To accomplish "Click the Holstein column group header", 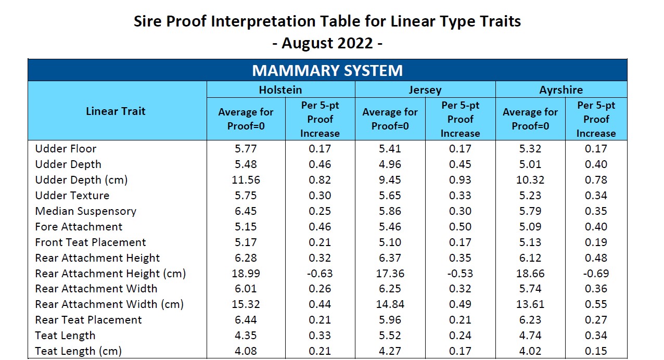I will coord(280,89).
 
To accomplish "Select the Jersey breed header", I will coord(425,89).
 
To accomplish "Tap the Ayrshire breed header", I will coord(561,89).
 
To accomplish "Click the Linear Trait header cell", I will coord(116,111).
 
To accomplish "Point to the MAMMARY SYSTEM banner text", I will coord(327,70).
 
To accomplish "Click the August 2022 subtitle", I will coord(327,43).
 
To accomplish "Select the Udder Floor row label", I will coord(66,149).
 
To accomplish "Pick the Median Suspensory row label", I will coord(85,211).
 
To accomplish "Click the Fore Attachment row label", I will coord(79,227).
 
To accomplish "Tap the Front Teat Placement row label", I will coord(91,242).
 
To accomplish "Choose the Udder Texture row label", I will coord(72,196).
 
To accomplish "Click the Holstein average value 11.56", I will coord(246,180).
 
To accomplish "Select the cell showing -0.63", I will coord(320,274).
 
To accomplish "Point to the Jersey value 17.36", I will coord(390,274).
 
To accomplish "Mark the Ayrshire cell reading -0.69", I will coord(596,274).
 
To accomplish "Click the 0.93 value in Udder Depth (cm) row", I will coord(460,180).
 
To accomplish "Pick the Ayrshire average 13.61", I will coord(530,304).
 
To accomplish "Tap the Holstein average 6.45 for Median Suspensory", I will coord(246,211).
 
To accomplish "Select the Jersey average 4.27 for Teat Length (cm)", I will coord(390,351).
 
